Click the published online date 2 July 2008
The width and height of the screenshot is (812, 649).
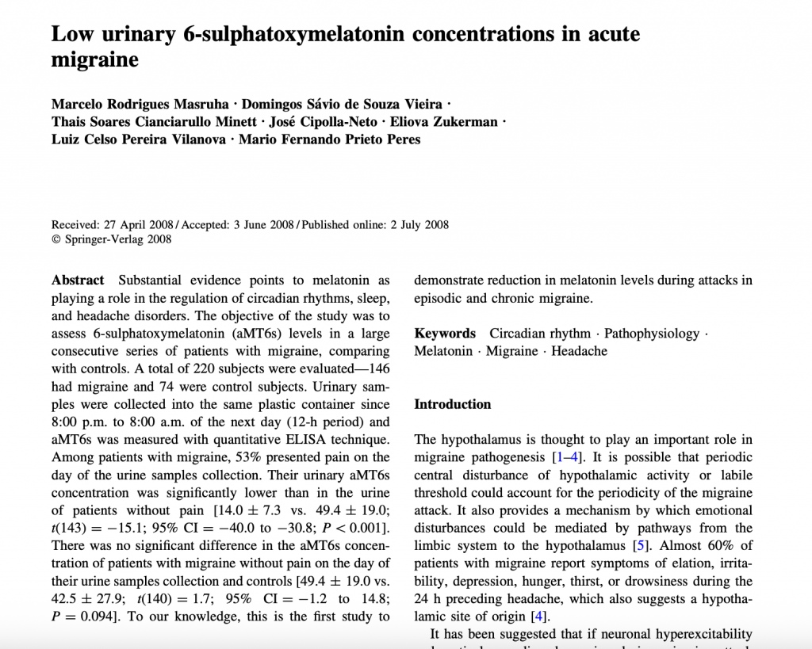pos(419,224)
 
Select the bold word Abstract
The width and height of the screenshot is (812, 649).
pos(78,281)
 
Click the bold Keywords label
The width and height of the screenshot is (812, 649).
pos(445,334)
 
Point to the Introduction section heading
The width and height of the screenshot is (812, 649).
pos(453,404)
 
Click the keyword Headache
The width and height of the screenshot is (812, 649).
pos(579,351)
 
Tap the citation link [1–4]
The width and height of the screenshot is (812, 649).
pos(569,457)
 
